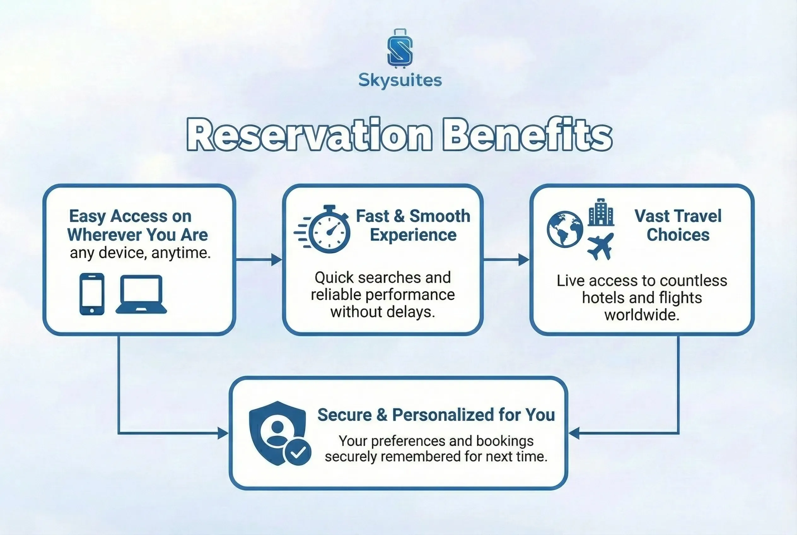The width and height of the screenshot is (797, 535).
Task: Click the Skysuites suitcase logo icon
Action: tap(400, 49)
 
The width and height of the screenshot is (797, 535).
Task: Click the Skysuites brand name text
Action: tap(400, 80)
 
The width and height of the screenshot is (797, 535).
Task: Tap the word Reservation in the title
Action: tap(310, 134)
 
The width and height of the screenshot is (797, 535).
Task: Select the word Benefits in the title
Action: tap(527, 134)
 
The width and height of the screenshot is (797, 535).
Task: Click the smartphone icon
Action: tap(92, 294)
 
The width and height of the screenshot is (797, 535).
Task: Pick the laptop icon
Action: tap(141, 294)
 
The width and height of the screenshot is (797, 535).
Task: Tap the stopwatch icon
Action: tap(322, 229)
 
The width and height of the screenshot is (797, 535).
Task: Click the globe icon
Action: tap(565, 229)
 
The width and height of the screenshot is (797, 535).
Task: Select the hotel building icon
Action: tap(601, 212)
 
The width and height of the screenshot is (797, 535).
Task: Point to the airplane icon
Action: tap(600, 246)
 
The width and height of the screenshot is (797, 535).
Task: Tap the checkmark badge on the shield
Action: tap(298, 452)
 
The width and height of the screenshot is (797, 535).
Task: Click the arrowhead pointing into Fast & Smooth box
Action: tap(277, 260)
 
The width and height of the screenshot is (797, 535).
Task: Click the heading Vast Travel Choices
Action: tap(678, 225)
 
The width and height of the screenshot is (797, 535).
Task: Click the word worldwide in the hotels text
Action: tap(642, 315)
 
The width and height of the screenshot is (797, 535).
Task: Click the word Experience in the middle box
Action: tap(413, 235)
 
